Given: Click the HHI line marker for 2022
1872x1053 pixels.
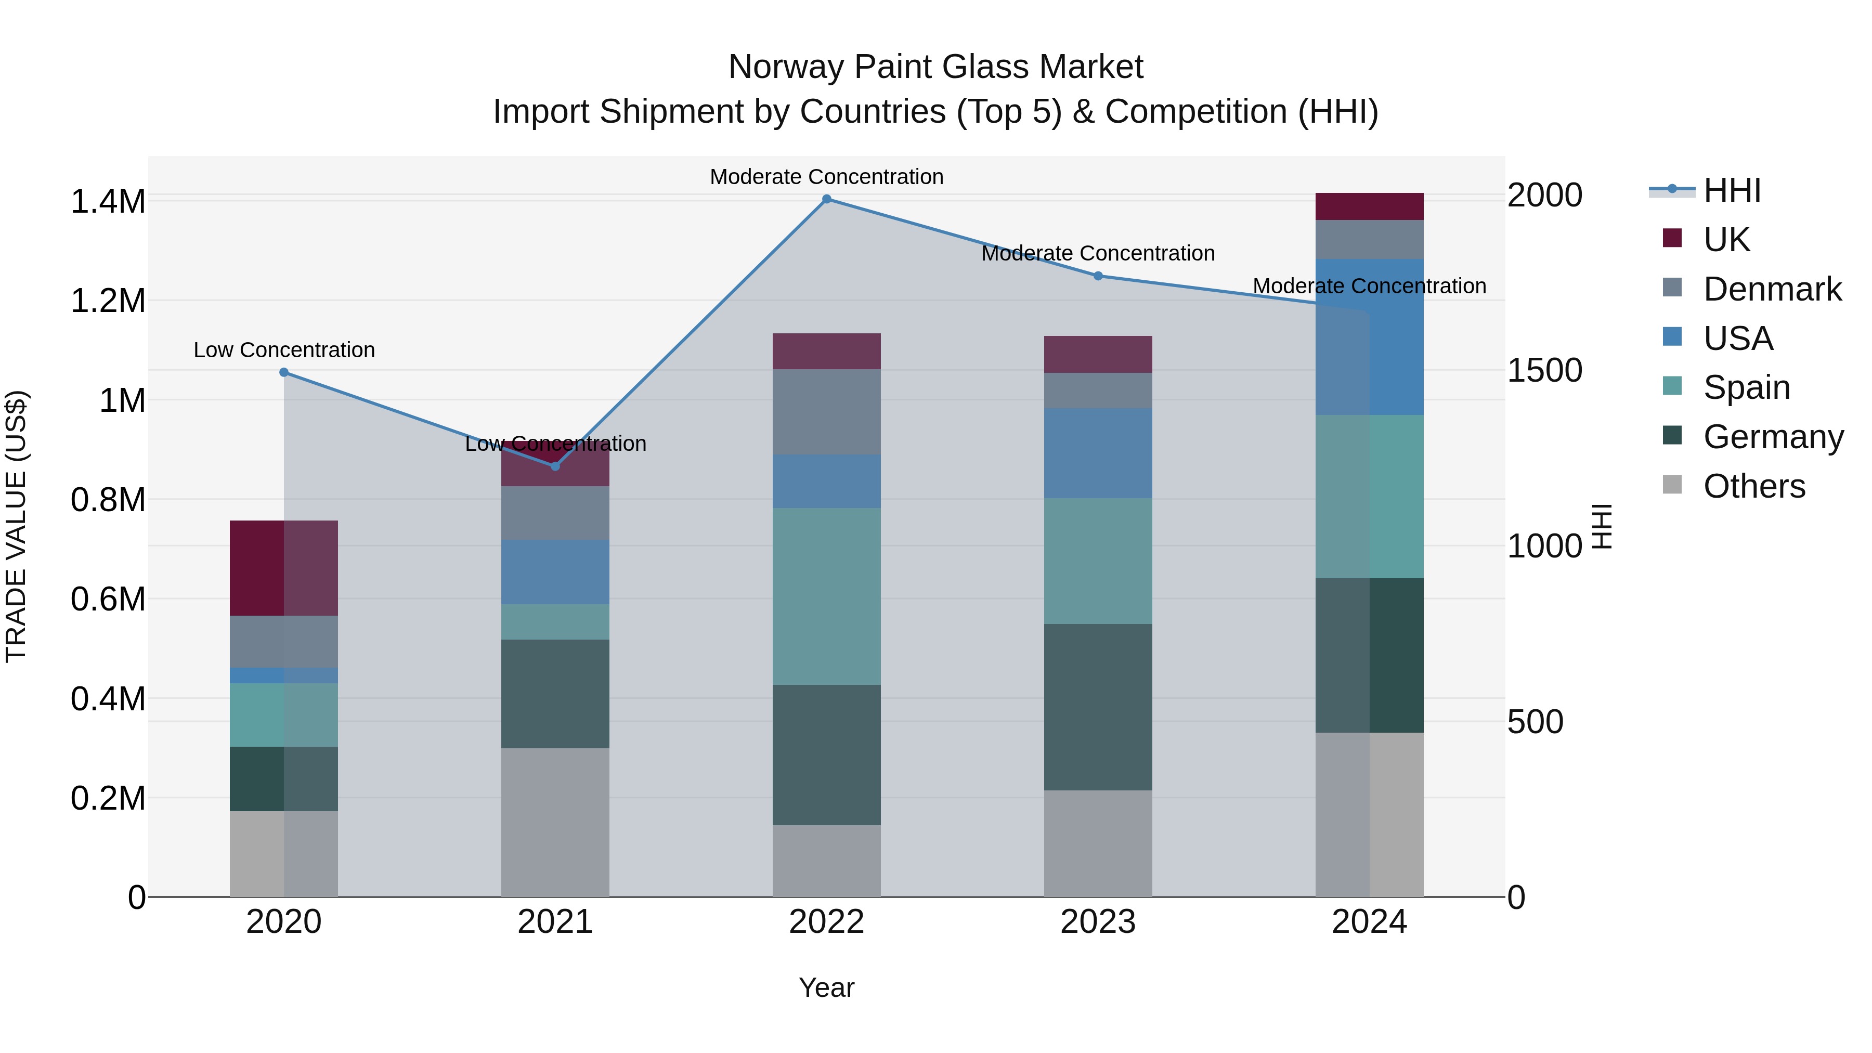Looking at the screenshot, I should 826,199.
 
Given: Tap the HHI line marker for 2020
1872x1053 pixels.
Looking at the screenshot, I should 284,372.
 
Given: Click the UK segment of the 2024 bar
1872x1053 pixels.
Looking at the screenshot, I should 1369,206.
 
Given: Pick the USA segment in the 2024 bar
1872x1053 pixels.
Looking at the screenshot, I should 1369,336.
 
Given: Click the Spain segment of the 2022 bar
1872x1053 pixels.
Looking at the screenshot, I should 826,596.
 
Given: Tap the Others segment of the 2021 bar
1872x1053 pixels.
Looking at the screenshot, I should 555,822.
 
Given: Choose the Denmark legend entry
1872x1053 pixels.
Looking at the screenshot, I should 1771,289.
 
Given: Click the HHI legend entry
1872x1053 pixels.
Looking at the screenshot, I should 1731,190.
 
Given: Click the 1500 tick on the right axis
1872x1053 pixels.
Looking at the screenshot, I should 1544,371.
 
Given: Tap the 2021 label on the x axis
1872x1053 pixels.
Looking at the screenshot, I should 555,922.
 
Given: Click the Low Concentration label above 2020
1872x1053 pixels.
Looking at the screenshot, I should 284,350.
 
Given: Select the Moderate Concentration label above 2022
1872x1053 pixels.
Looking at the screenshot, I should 826,177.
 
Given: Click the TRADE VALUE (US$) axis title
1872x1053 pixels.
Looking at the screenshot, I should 16,526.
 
